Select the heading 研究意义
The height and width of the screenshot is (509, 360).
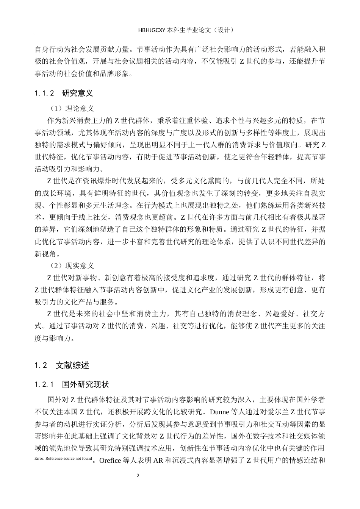[x=77, y=93]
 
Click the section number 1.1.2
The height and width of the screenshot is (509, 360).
[x=45, y=93]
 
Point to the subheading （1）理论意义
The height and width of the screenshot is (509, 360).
[x=72, y=109]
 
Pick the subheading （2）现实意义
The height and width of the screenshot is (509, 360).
[x=72, y=266]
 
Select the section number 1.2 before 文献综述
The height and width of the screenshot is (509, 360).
[x=41, y=365]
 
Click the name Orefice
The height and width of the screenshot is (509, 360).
[x=110, y=461]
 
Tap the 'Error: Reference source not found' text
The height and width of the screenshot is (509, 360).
[x=63, y=459]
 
